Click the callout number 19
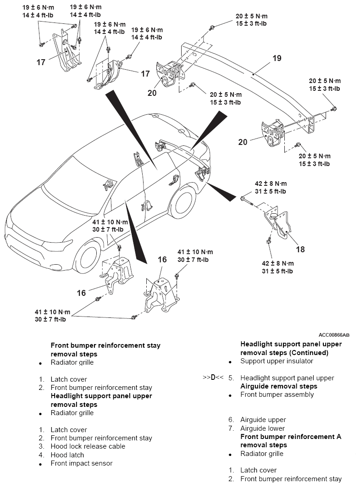pyautogui.click(x=277, y=58)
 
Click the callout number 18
pyautogui.click(x=300, y=249)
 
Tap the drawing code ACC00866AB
pyautogui.click(x=334, y=335)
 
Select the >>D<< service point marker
pyautogui.click(x=213, y=378)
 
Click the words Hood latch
pyautogui.click(x=67, y=455)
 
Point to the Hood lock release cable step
pyautogui.click(x=88, y=447)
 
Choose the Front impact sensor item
pyautogui.click(x=82, y=463)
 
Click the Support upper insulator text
pyautogui.click(x=277, y=361)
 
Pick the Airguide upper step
pyautogui.click(x=263, y=420)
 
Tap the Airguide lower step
pyautogui.click(x=262, y=428)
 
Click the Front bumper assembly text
pyautogui.click(x=277, y=395)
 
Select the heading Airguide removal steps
pyautogui.click(x=279, y=386)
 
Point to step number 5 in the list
pyautogui.click(x=231, y=378)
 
